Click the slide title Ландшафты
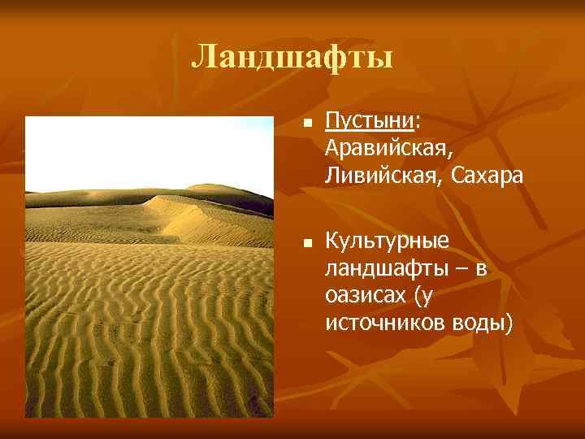pyautogui.click(x=292, y=58)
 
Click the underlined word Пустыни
pyautogui.click(x=370, y=122)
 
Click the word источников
pyautogui.click(x=379, y=323)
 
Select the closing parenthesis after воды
pyautogui.click(x=510, y=324)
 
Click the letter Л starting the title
pyautogui.click(x=204, y=58)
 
